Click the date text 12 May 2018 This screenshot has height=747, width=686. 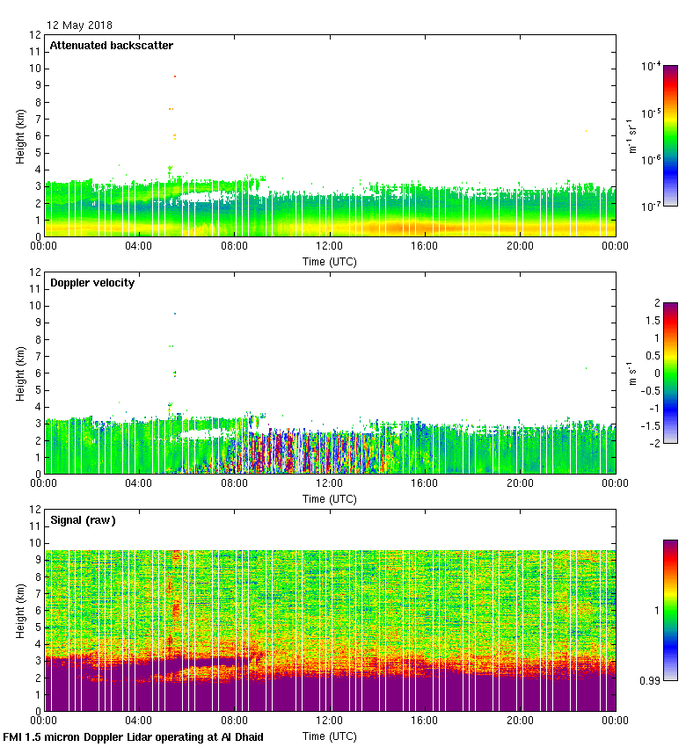[80, 25]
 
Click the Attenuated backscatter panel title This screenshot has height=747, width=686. [112, 46]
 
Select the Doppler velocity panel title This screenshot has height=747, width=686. [92, 283]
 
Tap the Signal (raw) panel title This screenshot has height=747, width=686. [84, 520]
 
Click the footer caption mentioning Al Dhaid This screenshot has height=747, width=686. [134, 736]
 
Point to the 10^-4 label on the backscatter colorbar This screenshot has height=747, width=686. [652, 67]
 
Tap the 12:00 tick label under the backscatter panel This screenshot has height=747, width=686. [330, 248]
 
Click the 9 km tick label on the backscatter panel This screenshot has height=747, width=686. [36, 85]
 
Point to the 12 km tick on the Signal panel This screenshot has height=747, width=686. [34, 509]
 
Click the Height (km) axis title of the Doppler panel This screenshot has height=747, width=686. [19, 373]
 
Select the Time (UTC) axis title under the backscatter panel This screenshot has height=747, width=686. [330, 262]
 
